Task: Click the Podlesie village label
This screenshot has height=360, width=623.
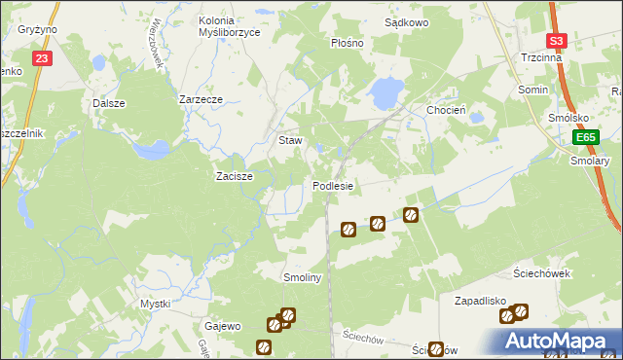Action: pyautogui.click(x=333, y=185)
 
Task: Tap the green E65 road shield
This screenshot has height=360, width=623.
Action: pyautogui.click(x=584, y=138)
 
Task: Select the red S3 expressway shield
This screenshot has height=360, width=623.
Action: pyautogui.click(x=556, y=41)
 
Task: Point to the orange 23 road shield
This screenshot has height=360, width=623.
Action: pyautogui.click(x=41, y=58)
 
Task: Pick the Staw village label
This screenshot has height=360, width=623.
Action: pyautogui.click(x=290, y=140)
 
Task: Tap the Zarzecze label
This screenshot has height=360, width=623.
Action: pyautogui.click(x=202, y=99)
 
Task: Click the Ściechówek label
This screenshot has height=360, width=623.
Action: pyautogui.click(x=541, y=273)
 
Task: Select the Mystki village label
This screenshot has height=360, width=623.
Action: pyautogui.click(x=155, y=304)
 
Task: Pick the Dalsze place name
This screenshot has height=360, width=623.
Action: pyautogui.click(x=109, y=102)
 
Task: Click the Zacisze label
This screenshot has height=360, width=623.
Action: pyautogui.click(x=235, y=176)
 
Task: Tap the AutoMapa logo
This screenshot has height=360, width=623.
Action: pyautogui.click(x=557, y=341)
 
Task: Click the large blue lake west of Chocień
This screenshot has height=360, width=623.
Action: pyautogui.click(x=385, y=92)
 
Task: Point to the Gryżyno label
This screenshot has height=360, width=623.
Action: pyautogui.click(x=38, y=29)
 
